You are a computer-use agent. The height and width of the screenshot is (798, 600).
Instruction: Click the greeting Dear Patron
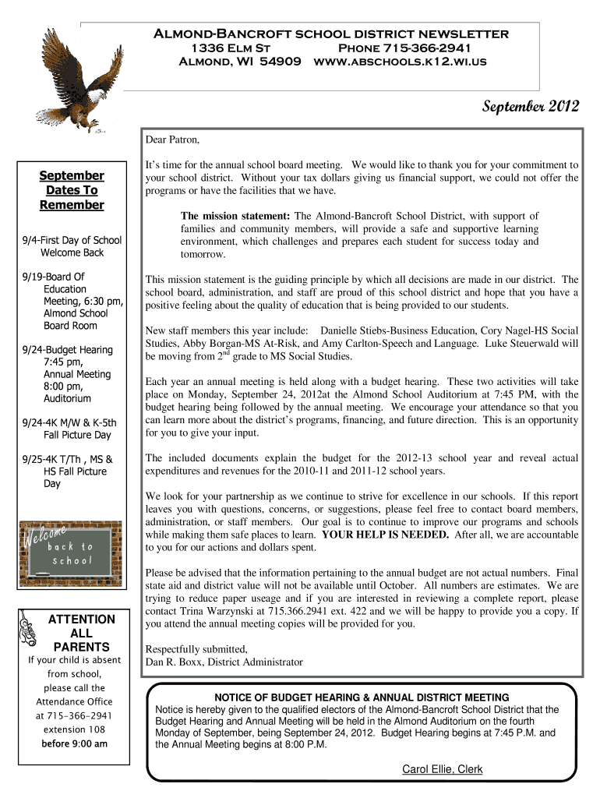173,140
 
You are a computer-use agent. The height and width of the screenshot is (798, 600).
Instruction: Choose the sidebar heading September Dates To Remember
72,190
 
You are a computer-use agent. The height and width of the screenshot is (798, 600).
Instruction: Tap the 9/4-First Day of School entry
71,240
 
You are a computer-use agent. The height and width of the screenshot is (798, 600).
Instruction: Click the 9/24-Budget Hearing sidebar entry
69,350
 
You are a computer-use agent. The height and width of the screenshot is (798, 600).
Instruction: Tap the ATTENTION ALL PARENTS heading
81,633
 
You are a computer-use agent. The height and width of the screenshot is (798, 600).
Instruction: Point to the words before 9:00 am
74,743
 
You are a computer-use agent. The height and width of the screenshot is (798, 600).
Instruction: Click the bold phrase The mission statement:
235,216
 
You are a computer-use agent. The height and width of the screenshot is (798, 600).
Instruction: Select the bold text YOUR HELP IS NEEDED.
385,535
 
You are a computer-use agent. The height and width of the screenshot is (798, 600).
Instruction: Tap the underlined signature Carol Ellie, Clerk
442,769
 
